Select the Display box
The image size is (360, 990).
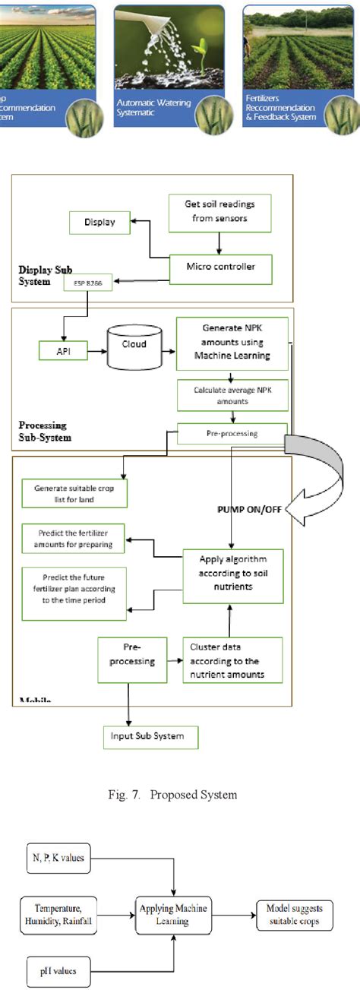click(99, 223)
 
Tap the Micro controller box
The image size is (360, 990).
click(219, 267)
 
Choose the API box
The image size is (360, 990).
click(63, 350)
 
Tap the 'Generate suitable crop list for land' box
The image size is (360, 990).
click(74, 493)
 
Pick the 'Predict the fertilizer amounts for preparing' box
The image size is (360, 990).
click(73, 539)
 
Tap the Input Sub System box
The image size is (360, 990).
click(150, 737)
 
